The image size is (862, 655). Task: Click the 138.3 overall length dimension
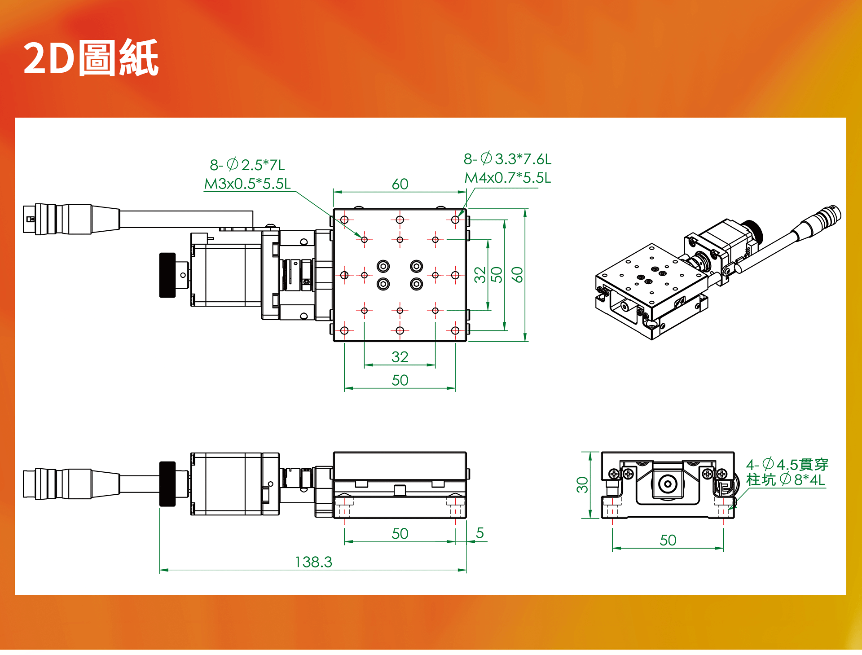tap(313, 562)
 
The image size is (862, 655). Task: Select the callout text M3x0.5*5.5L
tap(247, 183)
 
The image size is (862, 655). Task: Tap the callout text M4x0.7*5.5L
tap(507, 178)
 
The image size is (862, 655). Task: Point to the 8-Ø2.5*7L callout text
tap(247, 165)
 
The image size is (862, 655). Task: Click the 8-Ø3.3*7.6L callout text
tap(507, 158)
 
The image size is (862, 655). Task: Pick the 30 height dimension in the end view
tap(582, 485)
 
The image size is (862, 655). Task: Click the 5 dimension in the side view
tap(480, 533)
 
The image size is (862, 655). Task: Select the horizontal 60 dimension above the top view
tap(400, 184)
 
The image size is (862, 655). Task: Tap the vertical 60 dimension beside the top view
tap(517, 274)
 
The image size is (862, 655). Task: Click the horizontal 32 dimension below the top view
tap(400, 357)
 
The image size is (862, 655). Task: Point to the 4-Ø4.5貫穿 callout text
tap(787, 464)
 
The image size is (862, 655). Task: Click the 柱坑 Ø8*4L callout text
tap(786, 479)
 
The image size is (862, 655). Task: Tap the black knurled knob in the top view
tap(167, 275)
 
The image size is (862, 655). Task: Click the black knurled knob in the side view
tap(167, 484)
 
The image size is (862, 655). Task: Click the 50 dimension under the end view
tap(668, 540)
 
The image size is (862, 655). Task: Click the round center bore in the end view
tap(668, 484)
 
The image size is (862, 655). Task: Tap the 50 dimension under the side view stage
tap(400, 533)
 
